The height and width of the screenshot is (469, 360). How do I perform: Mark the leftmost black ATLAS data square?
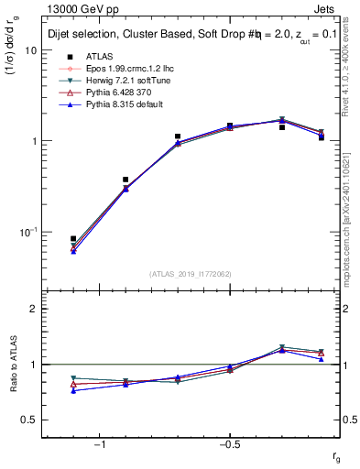[73, 238]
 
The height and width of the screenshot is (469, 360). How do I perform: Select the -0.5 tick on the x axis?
[229, 444]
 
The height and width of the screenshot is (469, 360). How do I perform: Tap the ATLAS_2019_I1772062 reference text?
[191, 274]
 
